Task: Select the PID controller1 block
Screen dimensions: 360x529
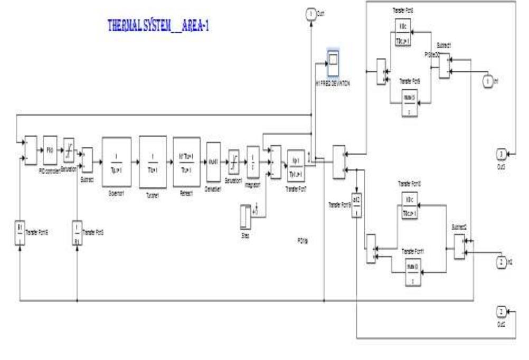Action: click(50, 150)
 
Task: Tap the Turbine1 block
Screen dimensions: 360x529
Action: click(153, 154)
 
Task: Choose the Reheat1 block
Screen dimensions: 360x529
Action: click(186, 154)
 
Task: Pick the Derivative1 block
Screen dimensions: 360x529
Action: click(213, 157)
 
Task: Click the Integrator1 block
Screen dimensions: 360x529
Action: click(253, 158)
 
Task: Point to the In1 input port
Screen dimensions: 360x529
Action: click(488, 81)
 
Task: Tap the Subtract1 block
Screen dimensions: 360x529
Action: click(445, 65)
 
